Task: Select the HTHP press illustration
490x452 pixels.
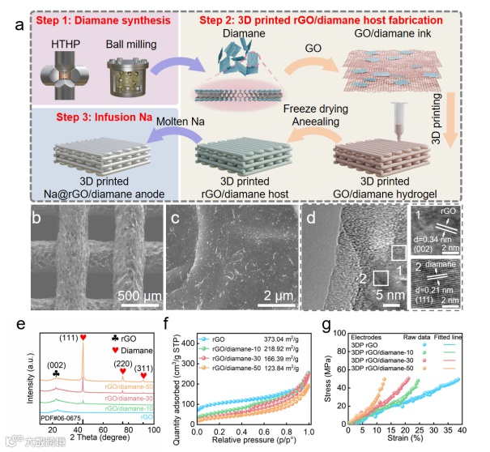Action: point(62,74)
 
